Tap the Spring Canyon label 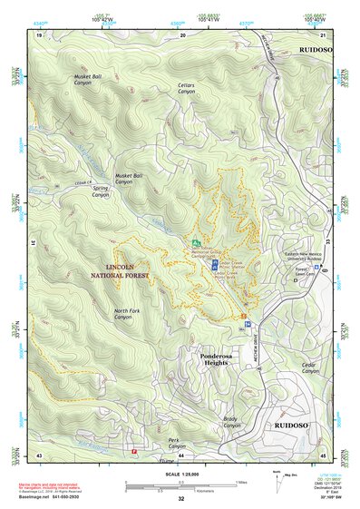100,191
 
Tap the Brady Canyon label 233,422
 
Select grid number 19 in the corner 39,34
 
